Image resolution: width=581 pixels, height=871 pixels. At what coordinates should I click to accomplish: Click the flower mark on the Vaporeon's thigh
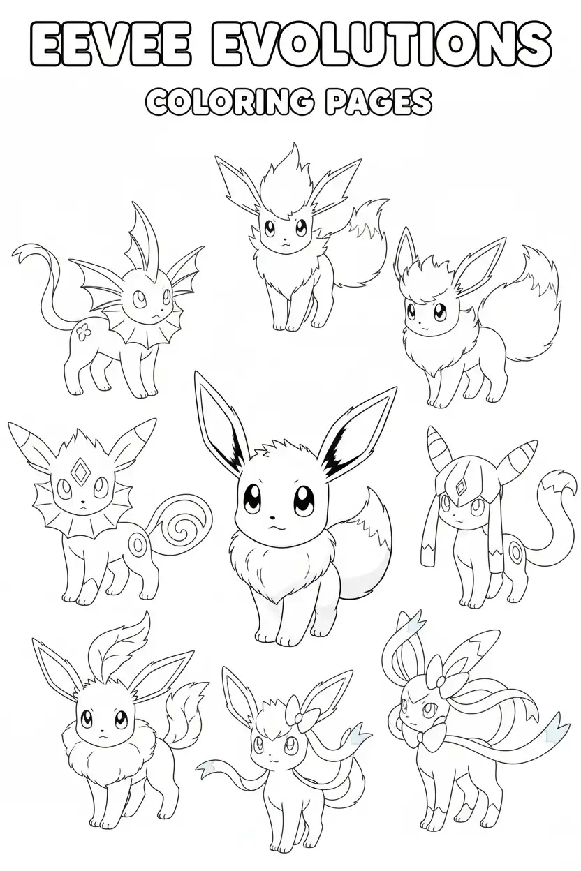click(x=83, y=332)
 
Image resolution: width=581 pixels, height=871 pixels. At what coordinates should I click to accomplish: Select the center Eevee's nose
click(x=272, y=518)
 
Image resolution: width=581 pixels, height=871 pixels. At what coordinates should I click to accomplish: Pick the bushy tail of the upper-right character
click(x=533, y=307)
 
